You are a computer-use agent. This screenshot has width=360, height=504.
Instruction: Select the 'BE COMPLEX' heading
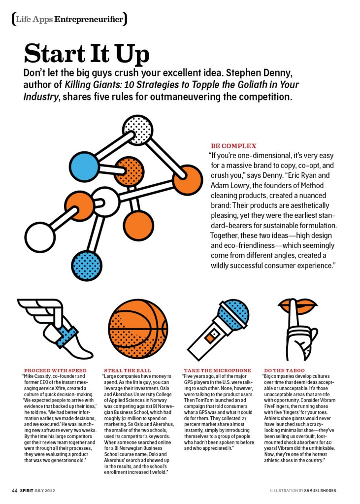pyautogui.click(x=233, y=146)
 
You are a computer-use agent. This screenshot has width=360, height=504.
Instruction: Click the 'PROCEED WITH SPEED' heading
pyautogui.click(x=55, y=370)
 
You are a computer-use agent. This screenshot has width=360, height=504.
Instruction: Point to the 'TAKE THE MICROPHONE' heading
pyautogui.click(x=217, y=370)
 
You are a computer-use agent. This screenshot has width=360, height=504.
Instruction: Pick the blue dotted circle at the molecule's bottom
pyautogui.click(x=86, y=265)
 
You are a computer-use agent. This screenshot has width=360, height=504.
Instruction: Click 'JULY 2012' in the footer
pyautogui.click(x=51, y=490)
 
